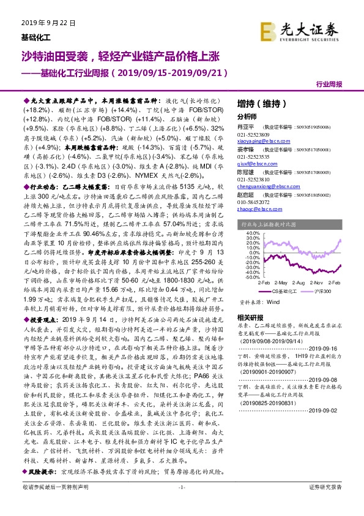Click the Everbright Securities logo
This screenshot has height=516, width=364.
point(299,29)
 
